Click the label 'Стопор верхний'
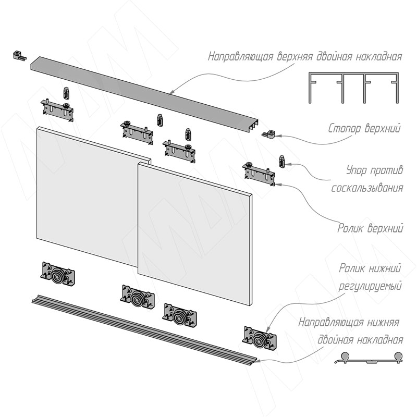[x=365, y=128]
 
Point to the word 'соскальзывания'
[x=367, y=187]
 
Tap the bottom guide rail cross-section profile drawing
[x=368, y=359]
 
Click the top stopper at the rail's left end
[x=19, y=55]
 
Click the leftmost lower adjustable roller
[x=55, y=274]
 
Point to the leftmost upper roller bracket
[x=57, y=109]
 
